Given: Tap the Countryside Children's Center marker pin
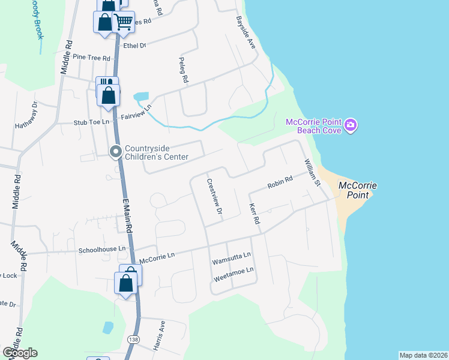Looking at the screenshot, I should tap(116, 152).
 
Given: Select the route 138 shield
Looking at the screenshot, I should tap(131, 340).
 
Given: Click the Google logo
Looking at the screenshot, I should tap(20, 353).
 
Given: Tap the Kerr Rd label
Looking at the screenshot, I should tap(255, 214).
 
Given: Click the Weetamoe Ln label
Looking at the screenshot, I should tap(234, 271).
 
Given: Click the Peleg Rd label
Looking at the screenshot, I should tap(184, 70).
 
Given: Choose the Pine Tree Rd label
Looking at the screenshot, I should tap(91, 58).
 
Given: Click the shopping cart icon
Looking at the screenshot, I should tap(123, 22).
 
